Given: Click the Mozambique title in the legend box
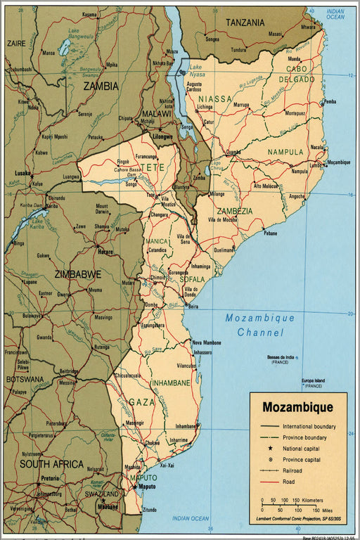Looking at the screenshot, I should (297, 407).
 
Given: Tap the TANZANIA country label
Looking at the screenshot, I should (245, 22).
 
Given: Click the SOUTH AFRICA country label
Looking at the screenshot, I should (51, 465).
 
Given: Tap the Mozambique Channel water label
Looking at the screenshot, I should (260, 325).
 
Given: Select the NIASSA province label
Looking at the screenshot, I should (214, 99).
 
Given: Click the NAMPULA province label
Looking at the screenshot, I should (285, 151).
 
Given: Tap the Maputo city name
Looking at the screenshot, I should (146, 486).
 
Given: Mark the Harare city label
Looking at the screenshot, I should (105, 251).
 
